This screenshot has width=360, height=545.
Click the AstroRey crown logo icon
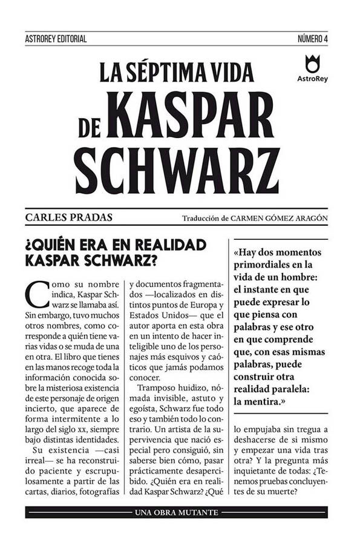312,62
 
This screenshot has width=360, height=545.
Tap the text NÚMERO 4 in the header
312,39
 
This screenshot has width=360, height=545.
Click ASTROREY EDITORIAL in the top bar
56,39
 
